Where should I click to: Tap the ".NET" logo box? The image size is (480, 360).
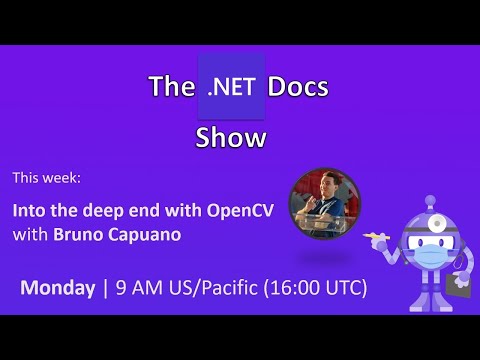pyautogui.click(x=232, y=87)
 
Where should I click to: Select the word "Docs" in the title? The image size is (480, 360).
pyautogui.click(x=298, y=88)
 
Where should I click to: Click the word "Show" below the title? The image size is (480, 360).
pyautogui.click(x=232, y=137)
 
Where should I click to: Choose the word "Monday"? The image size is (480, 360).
pyautogui.click(x=57, y=288)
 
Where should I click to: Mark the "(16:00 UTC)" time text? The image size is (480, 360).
pyautogui.click(x=315, y=288)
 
